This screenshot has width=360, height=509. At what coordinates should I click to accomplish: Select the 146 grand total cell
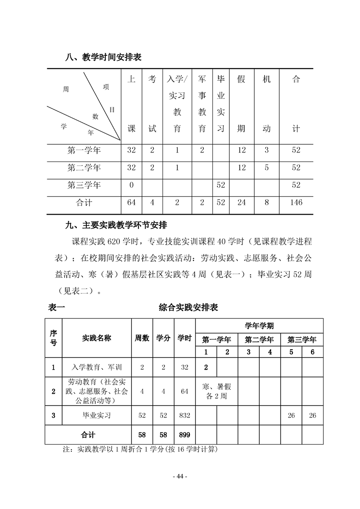(296, 202)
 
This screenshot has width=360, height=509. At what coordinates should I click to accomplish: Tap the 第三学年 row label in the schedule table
(84, 185)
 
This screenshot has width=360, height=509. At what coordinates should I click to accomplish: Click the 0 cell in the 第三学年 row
(131, 185)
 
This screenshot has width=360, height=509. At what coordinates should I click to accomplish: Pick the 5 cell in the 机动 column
(266, 168)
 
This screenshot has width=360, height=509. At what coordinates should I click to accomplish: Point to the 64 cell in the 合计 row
(131, 202)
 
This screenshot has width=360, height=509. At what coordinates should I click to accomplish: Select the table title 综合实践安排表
(188, 308)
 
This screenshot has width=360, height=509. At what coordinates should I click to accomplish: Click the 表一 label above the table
(57, 308)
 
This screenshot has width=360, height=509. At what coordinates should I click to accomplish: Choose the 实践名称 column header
(97, 338)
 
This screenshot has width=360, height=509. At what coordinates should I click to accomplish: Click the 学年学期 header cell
(259, 326)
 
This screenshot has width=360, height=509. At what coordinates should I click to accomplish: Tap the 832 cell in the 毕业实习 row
(184, 415)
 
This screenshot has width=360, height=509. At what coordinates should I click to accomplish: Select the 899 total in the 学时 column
(184, 435)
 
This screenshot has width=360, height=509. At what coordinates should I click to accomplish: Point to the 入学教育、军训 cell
(97, 367)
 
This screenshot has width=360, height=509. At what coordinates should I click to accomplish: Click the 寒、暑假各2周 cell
(217, 391)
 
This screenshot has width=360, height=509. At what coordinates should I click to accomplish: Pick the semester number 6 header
(312, 352)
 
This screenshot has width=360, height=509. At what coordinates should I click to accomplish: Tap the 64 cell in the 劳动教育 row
(184, 391)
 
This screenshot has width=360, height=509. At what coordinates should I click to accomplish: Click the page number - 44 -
(180, 476)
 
